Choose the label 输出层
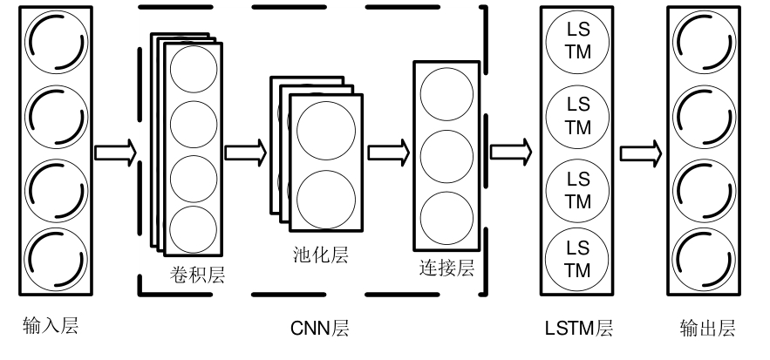pyautogui.click(x=707, y=329)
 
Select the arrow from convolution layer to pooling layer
pyautogui.click(x=246, y=153)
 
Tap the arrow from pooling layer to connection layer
pyautogui.click(x=389, y=153)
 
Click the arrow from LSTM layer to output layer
pyautogui.click(x=642, y=153)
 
